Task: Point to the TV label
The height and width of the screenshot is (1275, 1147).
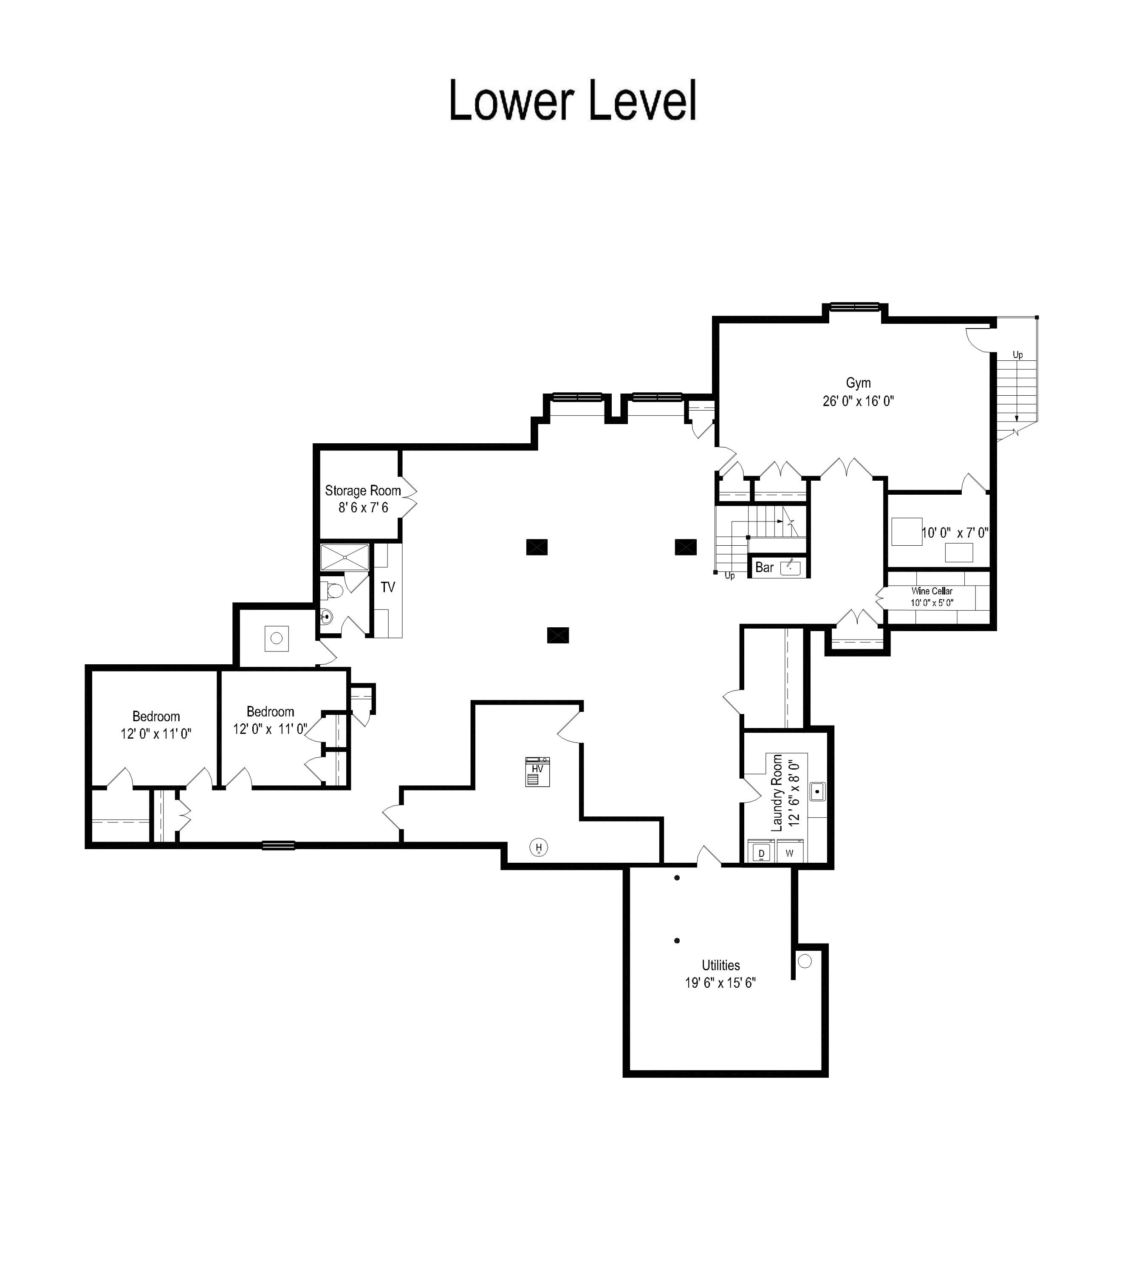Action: coord(387,587)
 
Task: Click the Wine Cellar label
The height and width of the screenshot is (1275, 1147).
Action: coord(932,591)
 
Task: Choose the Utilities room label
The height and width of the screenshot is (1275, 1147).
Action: coord(720,966)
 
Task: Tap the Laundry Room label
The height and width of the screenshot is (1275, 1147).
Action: coord(777,793)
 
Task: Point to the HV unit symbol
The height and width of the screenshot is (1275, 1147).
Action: coord(537,772)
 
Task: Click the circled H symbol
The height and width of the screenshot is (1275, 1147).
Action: coord(538,847)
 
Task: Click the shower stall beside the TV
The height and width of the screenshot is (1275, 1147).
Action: coord(345,558)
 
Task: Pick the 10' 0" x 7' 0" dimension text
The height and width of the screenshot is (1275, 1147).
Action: coord(955,533)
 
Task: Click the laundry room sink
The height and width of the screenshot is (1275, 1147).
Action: coord(817,791)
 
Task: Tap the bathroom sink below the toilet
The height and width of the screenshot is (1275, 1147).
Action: coord(326,617)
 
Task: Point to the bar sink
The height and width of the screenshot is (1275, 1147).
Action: coord(790,567)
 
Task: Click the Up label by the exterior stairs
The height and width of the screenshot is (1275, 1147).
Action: coord(1017,355)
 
